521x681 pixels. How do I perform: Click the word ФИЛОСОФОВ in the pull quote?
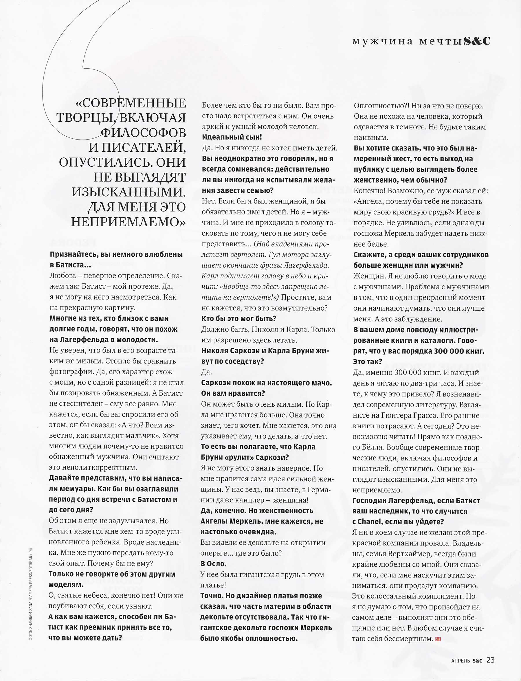coord(144,133)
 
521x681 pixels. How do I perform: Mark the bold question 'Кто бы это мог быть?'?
coord(239,318)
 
